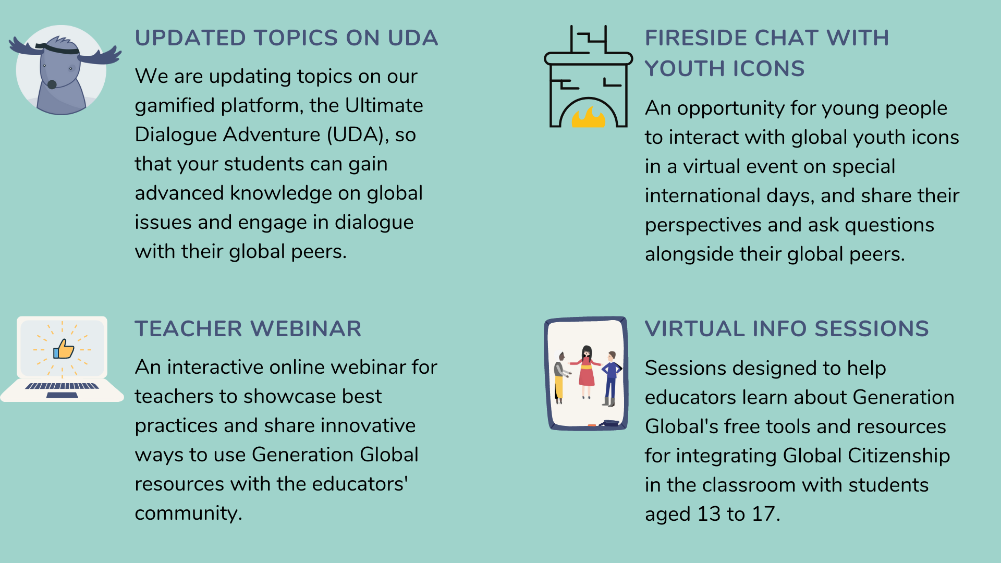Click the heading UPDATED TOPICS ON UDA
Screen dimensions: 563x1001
[x=286, y=38]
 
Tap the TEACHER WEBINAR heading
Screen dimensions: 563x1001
[x=248, y=329]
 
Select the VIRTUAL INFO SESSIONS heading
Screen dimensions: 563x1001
[x=786, y=329]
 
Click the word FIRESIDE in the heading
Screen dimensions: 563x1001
[x=695, y=38]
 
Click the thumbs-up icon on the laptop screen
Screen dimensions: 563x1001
[x=64, y=349]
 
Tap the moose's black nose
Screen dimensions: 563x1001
[x=52, y=84]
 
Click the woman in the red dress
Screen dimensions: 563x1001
[x=587, y=371]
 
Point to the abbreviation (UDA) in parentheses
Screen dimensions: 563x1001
[x=358, y=135]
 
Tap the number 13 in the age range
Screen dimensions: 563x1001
[x=709, y=515]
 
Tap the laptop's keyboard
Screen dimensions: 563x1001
[x=62, y=386]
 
